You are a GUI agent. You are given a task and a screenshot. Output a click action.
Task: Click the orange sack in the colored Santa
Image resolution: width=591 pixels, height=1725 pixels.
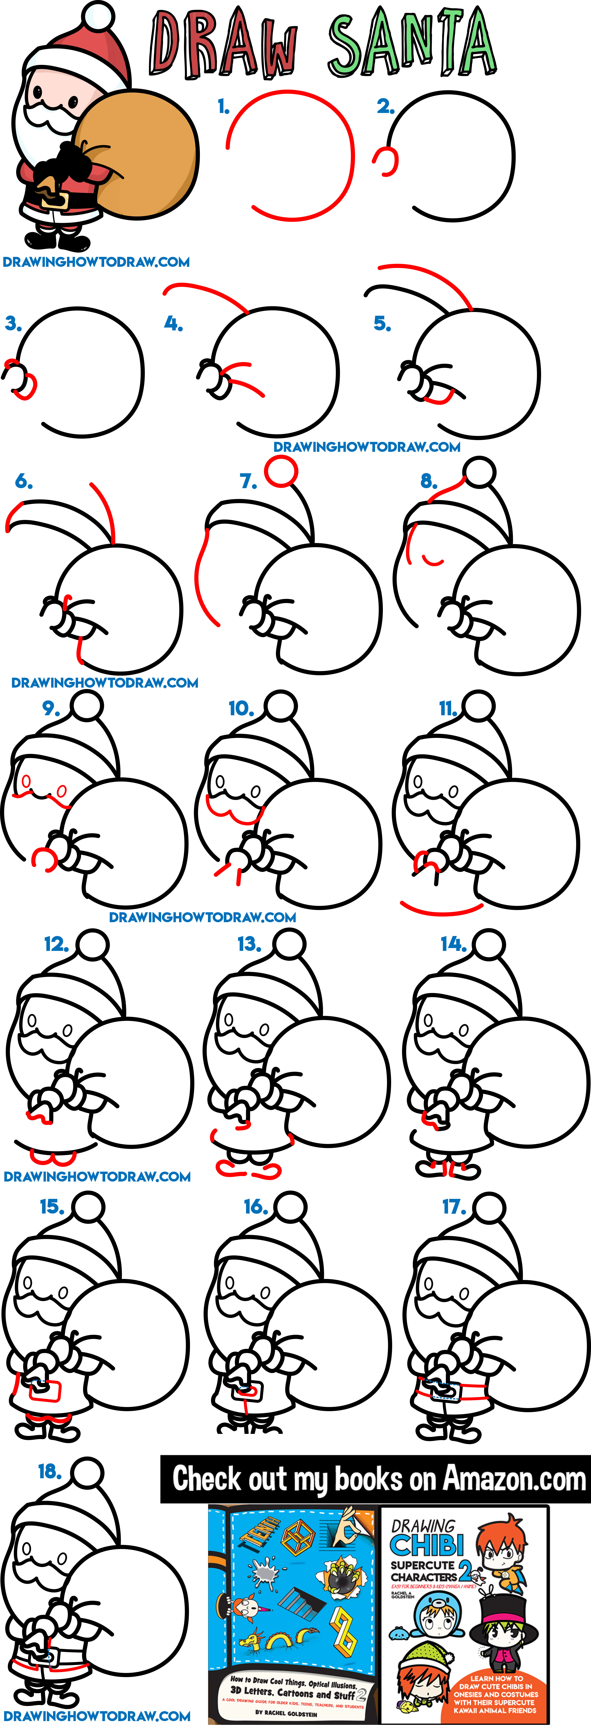(144, 157)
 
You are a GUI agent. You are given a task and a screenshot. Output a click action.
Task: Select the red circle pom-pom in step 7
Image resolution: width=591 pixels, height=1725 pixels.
(280, 471)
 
